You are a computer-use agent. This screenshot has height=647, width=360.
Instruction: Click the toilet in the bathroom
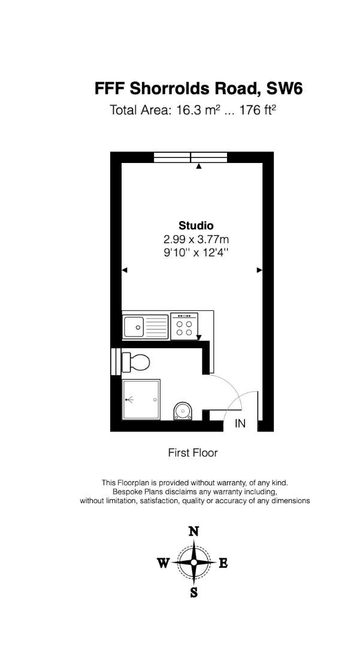click(135, 362)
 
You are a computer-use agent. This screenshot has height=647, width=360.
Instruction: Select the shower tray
click(141, 399)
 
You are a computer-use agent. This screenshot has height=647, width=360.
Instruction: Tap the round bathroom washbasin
click(182, 411)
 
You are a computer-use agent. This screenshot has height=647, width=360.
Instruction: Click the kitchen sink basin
click(134, 326)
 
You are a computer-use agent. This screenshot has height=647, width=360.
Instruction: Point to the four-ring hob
click(184, 326)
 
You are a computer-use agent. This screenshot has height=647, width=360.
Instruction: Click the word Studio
click(196, 226)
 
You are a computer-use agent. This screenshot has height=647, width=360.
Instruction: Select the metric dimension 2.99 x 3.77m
click(196, 239)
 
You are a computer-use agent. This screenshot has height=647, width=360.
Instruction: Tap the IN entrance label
click(240, 424)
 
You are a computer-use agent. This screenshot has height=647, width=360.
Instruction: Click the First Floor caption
click(192, 453)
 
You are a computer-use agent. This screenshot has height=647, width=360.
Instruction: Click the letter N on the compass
click(194, 531)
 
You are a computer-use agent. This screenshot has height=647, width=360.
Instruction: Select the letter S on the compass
click(193, 592)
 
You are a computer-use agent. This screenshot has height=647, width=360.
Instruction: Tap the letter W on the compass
click(164, 563)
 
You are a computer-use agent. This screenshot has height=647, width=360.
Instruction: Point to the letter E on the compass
click(223, 563)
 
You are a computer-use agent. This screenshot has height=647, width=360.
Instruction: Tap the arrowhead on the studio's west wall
click(125, 270)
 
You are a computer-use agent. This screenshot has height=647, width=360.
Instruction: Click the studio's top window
click(190, 157)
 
